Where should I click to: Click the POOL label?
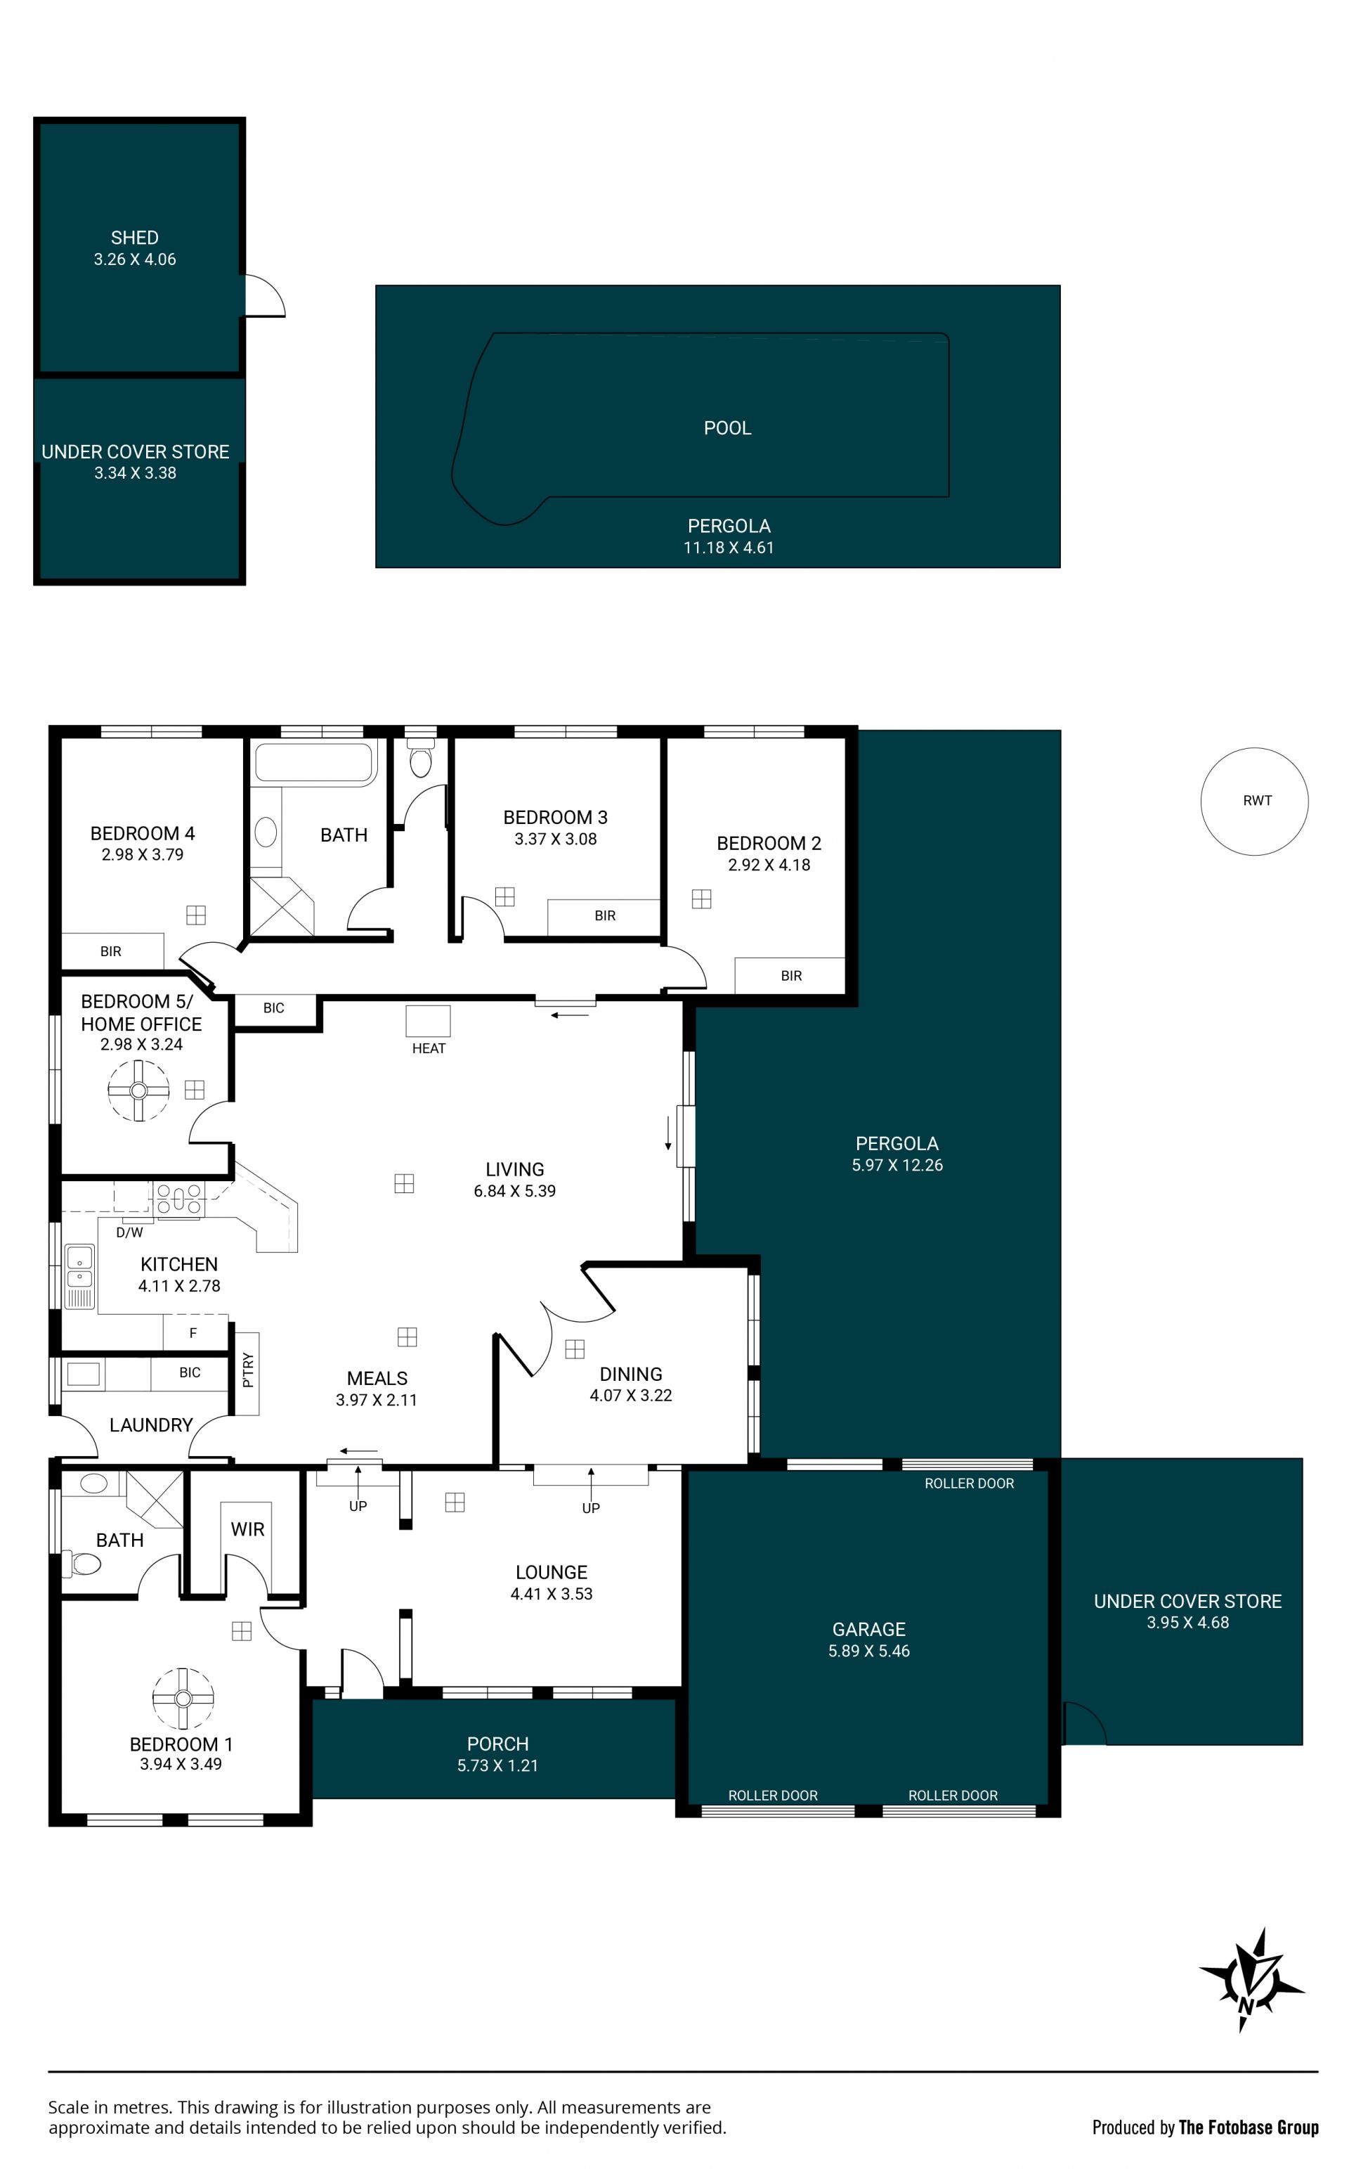[727, 428]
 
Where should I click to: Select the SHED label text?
[135, 238]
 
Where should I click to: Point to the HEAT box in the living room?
[429, 1021]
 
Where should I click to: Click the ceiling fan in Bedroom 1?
[183, 1698]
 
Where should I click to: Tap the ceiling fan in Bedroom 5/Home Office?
[138, 1090]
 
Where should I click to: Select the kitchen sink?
[79, 1276]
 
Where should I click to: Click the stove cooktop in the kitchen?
[179, 1199]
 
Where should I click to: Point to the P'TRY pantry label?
[248, 1370]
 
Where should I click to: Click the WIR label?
[247, 1529]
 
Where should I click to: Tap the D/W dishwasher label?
[129, 1232]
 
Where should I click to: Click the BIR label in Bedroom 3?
[605, 916]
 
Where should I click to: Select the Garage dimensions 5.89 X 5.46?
[868, 1652]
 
